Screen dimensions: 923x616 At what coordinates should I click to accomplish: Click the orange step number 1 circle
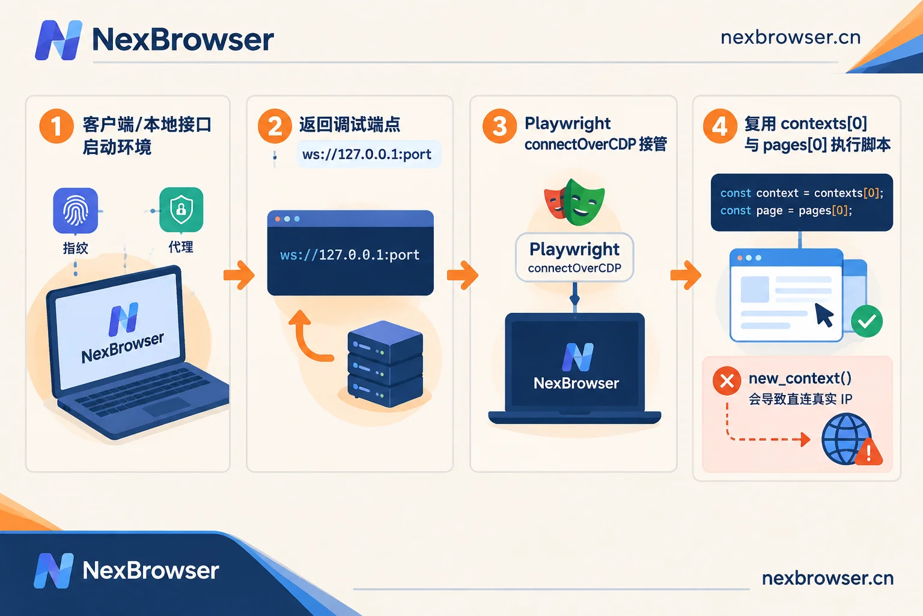coord(56,126)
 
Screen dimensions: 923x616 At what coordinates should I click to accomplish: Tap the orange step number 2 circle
coord(275,126)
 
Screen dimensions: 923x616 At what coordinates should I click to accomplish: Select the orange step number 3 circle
coord(499,126)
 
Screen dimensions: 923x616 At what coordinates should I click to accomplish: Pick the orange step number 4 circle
coord(720,126)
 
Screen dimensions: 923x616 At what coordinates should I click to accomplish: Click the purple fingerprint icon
coord(75,211)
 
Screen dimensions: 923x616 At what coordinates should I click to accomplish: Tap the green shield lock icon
coord(181,209)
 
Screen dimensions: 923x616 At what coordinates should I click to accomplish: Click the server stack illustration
coord(385,364)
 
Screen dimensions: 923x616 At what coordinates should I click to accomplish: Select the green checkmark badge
coord(867,321)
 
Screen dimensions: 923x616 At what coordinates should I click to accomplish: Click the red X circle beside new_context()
coord(727,380)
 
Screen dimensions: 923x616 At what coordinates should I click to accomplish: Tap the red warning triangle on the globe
coord(868,452)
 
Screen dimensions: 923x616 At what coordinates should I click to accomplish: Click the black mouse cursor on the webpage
coord(824,315)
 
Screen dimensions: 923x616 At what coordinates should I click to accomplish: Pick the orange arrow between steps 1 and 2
coord(239,275)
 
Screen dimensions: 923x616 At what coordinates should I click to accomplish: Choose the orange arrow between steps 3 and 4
coord(686,275)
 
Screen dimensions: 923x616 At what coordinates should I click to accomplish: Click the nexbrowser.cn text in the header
coord(791,37)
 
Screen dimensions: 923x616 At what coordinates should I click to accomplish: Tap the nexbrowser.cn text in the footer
coord(828,578)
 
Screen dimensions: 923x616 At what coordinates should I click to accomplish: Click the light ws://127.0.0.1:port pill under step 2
coord(369,155)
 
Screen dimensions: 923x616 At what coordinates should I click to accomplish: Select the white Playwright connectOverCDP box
coord(574,257)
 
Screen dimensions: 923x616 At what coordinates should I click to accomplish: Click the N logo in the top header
coord(58,40)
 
